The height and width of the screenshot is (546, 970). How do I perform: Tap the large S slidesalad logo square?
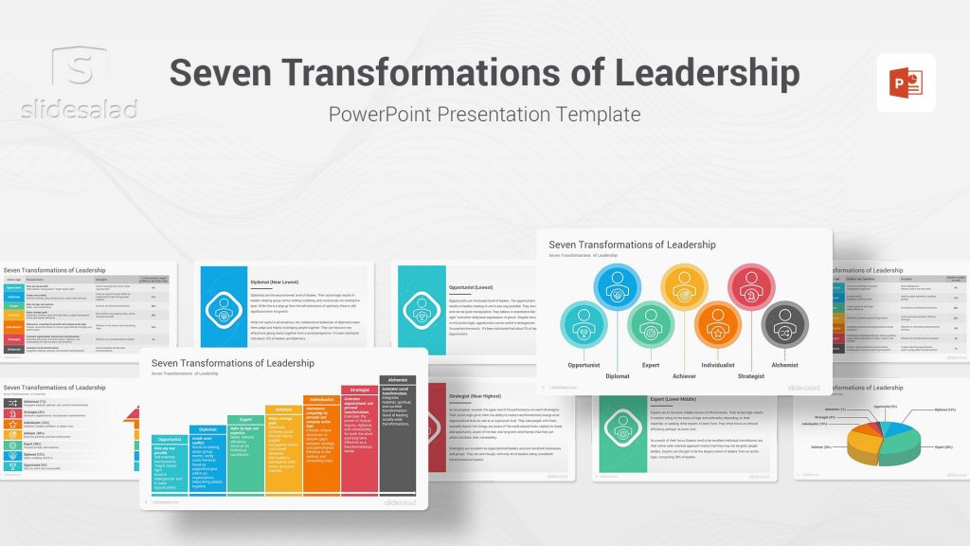[x=81, y=68]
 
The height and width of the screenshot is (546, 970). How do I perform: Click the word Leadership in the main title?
[x=680, y=74]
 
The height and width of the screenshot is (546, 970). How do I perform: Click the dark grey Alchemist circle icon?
[x=784, y=324]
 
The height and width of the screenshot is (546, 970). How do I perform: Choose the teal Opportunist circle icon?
[x=584, y=324]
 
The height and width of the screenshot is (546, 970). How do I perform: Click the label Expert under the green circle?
[x=651, y=365]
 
